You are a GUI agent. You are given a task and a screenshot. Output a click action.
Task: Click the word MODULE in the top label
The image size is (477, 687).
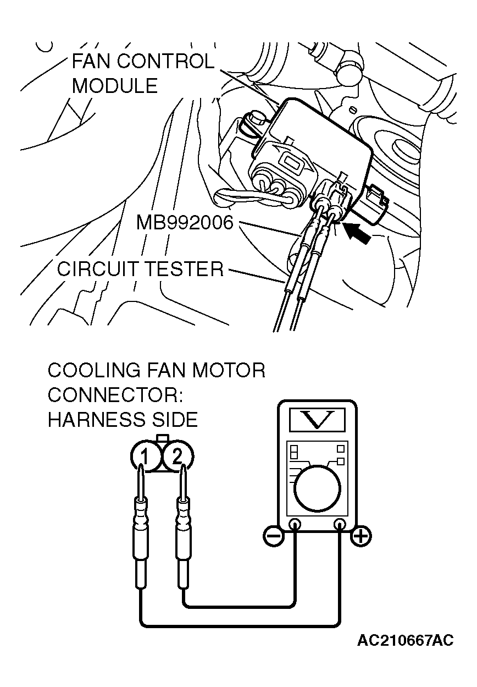coord(114,86)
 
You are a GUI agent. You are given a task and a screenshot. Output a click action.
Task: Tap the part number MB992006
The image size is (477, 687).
coord(185,223)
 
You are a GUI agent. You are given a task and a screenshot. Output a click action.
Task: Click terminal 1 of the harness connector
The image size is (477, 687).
coord(144,455)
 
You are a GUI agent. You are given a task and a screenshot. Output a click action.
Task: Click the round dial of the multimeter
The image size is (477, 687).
coord(317,488)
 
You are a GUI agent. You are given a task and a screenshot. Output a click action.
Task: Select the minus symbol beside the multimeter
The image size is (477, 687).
coord(273,535)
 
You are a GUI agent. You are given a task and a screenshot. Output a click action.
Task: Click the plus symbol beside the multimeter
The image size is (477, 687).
coord(361,535)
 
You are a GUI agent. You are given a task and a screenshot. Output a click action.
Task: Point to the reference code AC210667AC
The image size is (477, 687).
coord(406,640)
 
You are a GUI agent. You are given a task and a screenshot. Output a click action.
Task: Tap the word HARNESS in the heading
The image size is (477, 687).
coord(89,420)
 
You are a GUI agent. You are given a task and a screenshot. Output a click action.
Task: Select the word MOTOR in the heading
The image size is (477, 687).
coord(228,370)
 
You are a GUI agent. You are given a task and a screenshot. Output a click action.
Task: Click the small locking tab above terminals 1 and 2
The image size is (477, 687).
coord(162,438)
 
